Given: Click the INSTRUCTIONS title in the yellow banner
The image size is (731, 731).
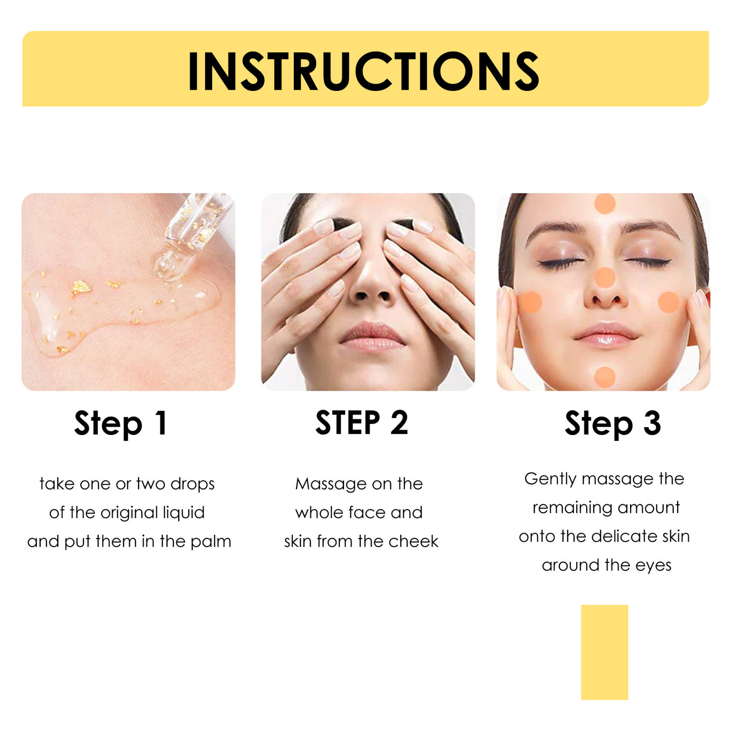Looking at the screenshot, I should tap(364, 71).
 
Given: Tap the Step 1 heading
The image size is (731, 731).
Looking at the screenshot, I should tap(121, 423).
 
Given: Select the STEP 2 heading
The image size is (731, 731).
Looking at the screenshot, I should tap(362, 423).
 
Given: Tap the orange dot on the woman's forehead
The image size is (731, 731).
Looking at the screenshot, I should tap(605, 203).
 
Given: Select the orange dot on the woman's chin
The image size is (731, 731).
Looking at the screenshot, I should tap(605, 377).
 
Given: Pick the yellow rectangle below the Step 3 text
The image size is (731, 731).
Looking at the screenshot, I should tap(604, 652).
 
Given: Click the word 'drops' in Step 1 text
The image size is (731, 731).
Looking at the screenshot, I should tap(192, 484).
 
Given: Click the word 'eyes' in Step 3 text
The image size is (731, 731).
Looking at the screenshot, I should tap(653, 566).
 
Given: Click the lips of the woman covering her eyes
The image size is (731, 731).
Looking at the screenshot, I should tap(372, 338).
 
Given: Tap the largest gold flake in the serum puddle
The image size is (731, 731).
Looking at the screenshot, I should tap(81, 288).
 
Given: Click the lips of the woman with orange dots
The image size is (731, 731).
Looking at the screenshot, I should tap(606, 335).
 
